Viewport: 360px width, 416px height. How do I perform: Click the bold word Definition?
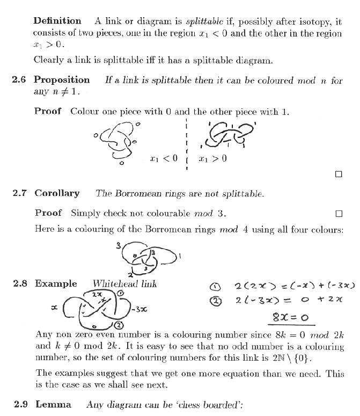(57, 21)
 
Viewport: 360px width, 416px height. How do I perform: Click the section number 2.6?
(19, 80)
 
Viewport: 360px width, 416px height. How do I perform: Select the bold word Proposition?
(62, 80)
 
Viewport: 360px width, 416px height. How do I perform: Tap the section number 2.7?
(19, 193)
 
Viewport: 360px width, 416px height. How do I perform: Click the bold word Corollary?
(57, 193)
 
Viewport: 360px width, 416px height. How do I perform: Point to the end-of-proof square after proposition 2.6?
(338, 174)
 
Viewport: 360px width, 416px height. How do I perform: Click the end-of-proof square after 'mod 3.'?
(338, 213)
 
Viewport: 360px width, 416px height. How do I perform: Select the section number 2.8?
(19, 284)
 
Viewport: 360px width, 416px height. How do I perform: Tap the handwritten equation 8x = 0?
(291, 317)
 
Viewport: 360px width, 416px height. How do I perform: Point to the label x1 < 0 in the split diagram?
(164, 158)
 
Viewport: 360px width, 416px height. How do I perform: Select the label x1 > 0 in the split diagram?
(212, 158)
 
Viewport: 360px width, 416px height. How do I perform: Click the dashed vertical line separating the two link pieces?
(186, 145)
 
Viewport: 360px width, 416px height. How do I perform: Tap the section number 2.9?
(19, 404)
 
